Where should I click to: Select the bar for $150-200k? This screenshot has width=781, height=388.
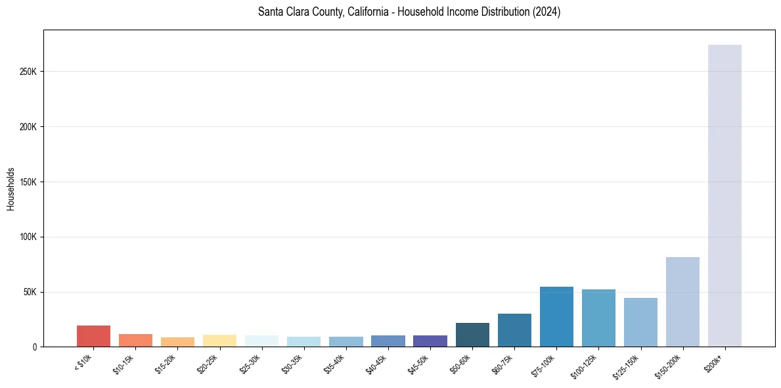pyautogui.click(x=682, y=302)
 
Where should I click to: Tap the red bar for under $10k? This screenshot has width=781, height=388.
pyautogui.click(x=93, y=336)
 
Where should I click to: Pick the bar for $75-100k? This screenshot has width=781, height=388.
pyautogui.click(x=556, y=317)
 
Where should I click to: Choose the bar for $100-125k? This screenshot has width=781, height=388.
pyautogui.click(x=598, y=318)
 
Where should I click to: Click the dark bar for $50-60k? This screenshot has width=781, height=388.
pyautogui.click(x=472, y=335)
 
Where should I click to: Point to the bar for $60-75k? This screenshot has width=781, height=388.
pyautogui.click(x=514, y=330)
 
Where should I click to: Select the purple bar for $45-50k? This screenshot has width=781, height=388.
pyautogui.click(x=430, y=341)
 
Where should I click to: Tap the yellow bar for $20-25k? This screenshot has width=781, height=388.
pyautogui.click(x=219, y=341)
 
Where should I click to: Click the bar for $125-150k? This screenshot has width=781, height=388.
pyautogui.click(x=640, y=322)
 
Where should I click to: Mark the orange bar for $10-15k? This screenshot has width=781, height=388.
pyautogui.click(x=135, y=340)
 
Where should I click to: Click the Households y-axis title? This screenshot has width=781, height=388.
pyautogui.click(x=11, y=188)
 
